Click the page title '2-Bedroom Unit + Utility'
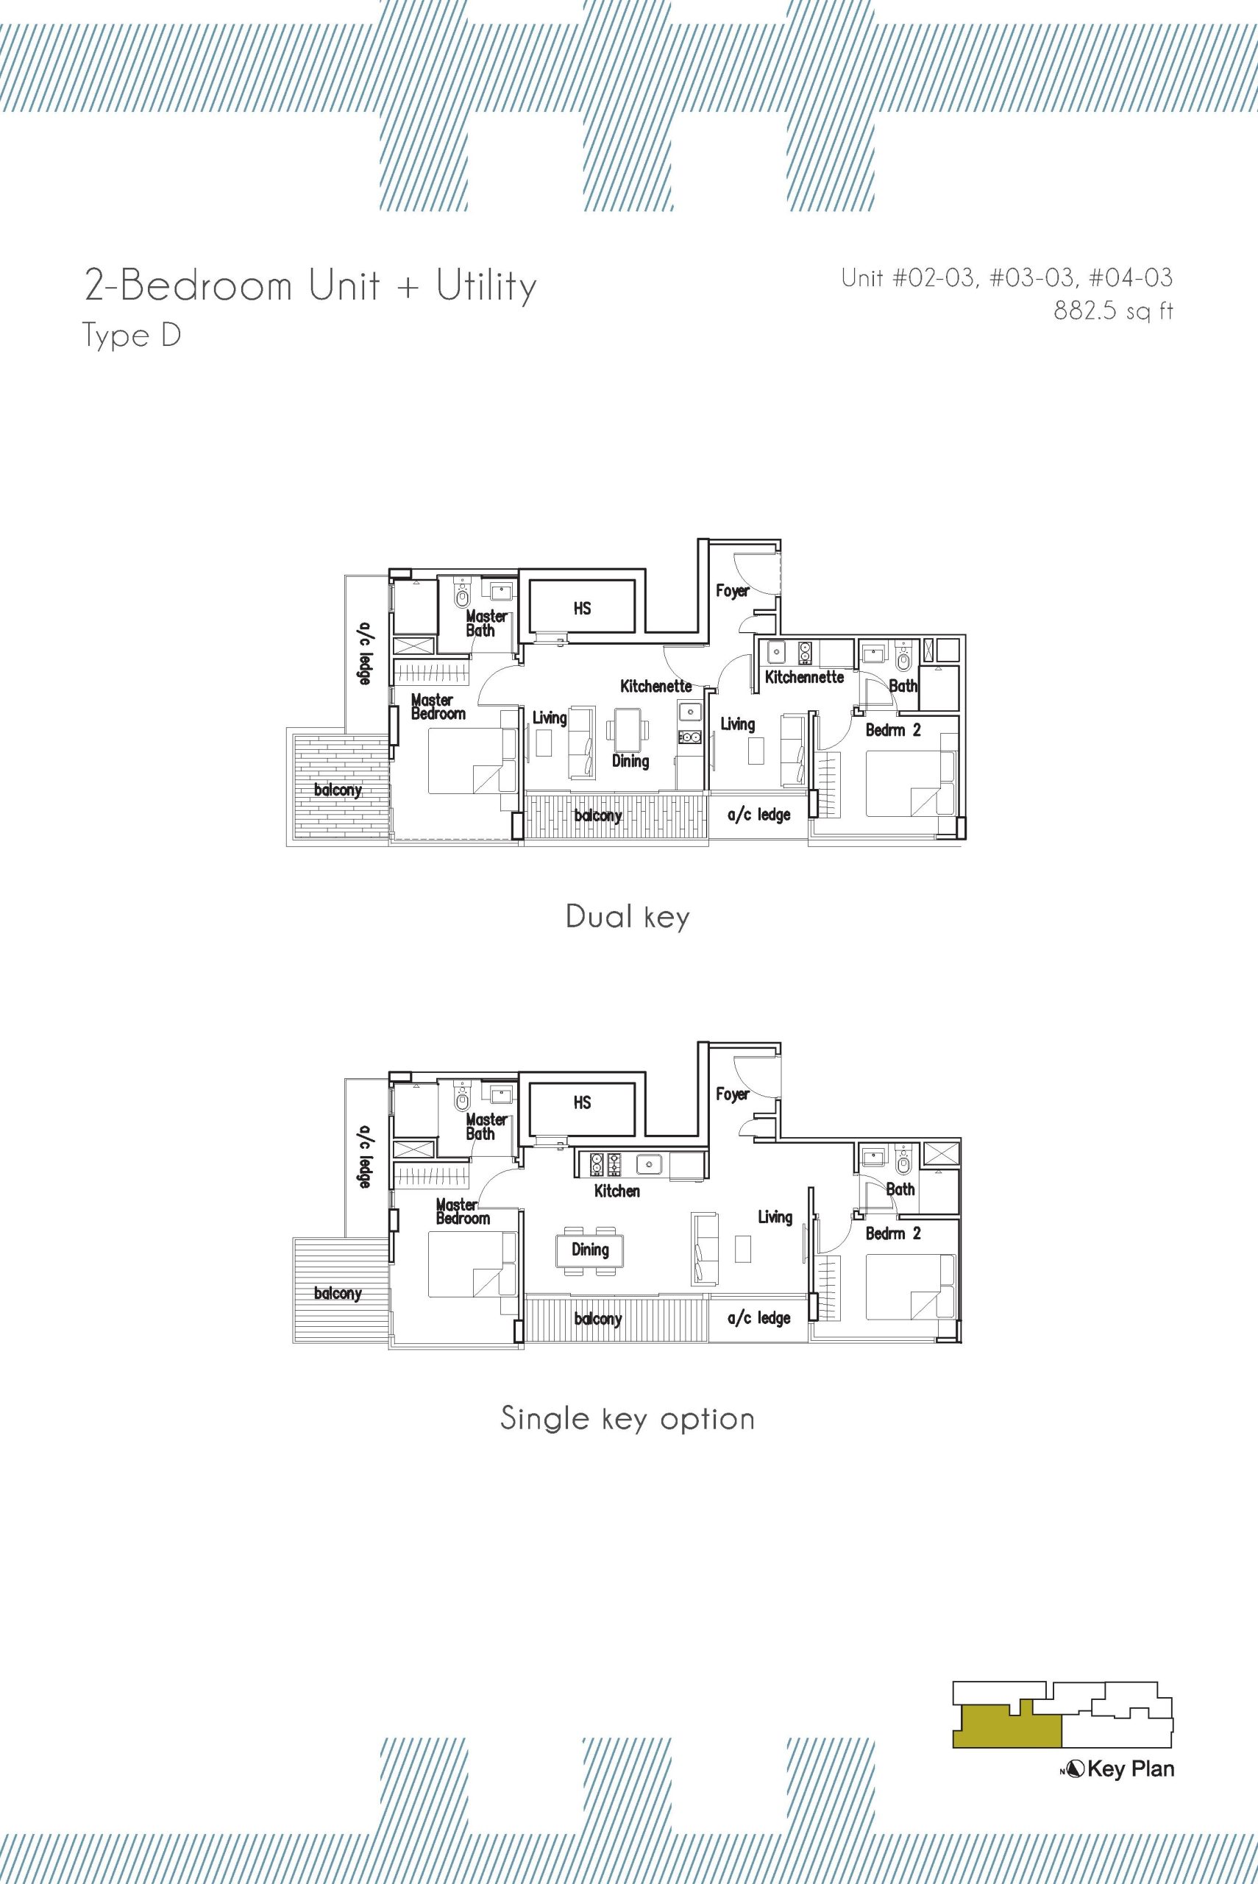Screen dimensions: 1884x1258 click(x=310, y=286)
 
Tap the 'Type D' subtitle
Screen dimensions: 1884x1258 click(x=133, y=336)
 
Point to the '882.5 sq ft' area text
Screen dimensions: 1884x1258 click(x=1113, y=311)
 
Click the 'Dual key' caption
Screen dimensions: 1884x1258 click(x=628, y=916)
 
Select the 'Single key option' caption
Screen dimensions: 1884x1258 click(x=628, y=1419)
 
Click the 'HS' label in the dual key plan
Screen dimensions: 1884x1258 click(x=583, y=609)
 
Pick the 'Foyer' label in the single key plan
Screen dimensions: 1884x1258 click(x=732, y=1094)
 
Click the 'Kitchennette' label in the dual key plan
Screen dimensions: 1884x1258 click(x=804, y=677)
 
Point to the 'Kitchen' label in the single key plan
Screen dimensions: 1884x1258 click(x=617, y=1191)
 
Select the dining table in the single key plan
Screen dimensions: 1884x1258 click(x=590, y=1250)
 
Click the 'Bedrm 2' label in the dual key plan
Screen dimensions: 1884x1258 click(x=893, y=731)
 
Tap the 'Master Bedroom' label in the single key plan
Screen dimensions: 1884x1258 click(x=461, y=1211)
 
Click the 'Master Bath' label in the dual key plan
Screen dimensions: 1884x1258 click(x=486, y=623)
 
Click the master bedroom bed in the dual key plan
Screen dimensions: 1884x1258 click(x=472, y=761)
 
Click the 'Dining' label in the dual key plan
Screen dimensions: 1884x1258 click(x=630, y=761)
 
